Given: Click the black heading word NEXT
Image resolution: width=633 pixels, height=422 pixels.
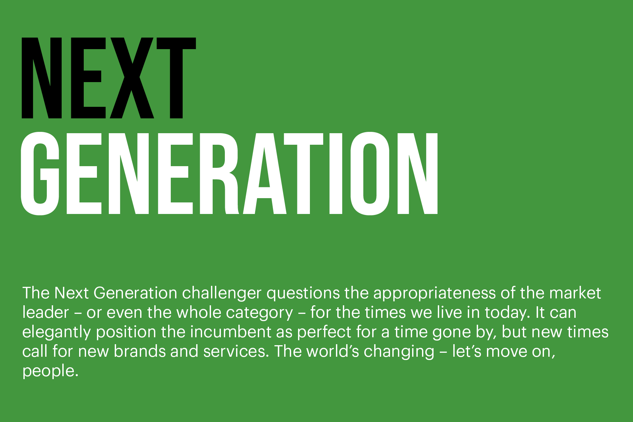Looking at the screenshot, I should (109, 78).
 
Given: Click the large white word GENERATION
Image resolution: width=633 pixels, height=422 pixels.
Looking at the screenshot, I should (229, 173).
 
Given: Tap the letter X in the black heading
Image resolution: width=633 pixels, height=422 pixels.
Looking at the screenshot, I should (132, 78).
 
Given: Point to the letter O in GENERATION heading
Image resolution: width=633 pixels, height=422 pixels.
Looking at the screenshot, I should (370, 173).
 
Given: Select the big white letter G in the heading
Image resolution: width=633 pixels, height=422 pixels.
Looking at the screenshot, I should (40, 173).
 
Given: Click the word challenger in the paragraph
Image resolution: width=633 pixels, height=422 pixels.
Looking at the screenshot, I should (222, 293).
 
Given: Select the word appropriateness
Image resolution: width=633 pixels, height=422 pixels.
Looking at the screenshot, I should (434, 293).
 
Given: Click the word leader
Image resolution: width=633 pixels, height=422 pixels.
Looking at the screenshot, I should (45, 313).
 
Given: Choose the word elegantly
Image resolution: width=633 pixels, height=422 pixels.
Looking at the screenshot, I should (56, 332).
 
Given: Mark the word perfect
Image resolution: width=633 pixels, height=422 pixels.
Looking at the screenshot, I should (324, 332).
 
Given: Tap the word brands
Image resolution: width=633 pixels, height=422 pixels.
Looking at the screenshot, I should (139, 351).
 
